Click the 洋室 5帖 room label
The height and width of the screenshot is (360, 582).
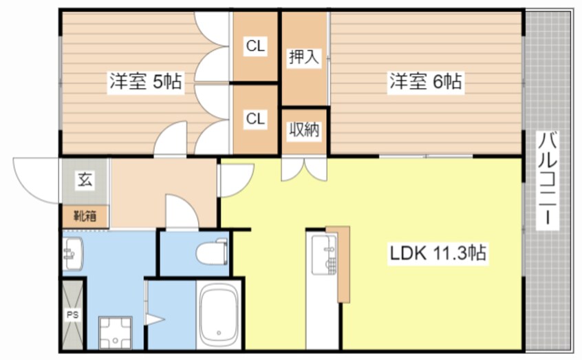tap(144, 82)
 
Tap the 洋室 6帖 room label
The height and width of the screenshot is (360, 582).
tap(426, 82)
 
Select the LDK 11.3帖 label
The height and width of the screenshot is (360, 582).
tap(438, 253)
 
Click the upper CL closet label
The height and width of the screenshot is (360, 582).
tap(256, 47)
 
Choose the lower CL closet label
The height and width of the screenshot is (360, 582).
tap(256, 118)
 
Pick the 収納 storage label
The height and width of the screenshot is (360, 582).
tap(304, 129)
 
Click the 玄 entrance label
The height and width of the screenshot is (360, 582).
tap(84, 181)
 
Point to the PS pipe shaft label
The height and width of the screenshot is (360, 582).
tap(72, 315)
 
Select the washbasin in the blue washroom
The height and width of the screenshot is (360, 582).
tap(72, 255)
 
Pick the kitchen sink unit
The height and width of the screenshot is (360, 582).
tap(323, 255)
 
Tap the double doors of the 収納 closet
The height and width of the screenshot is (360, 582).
tap(304, 169)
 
